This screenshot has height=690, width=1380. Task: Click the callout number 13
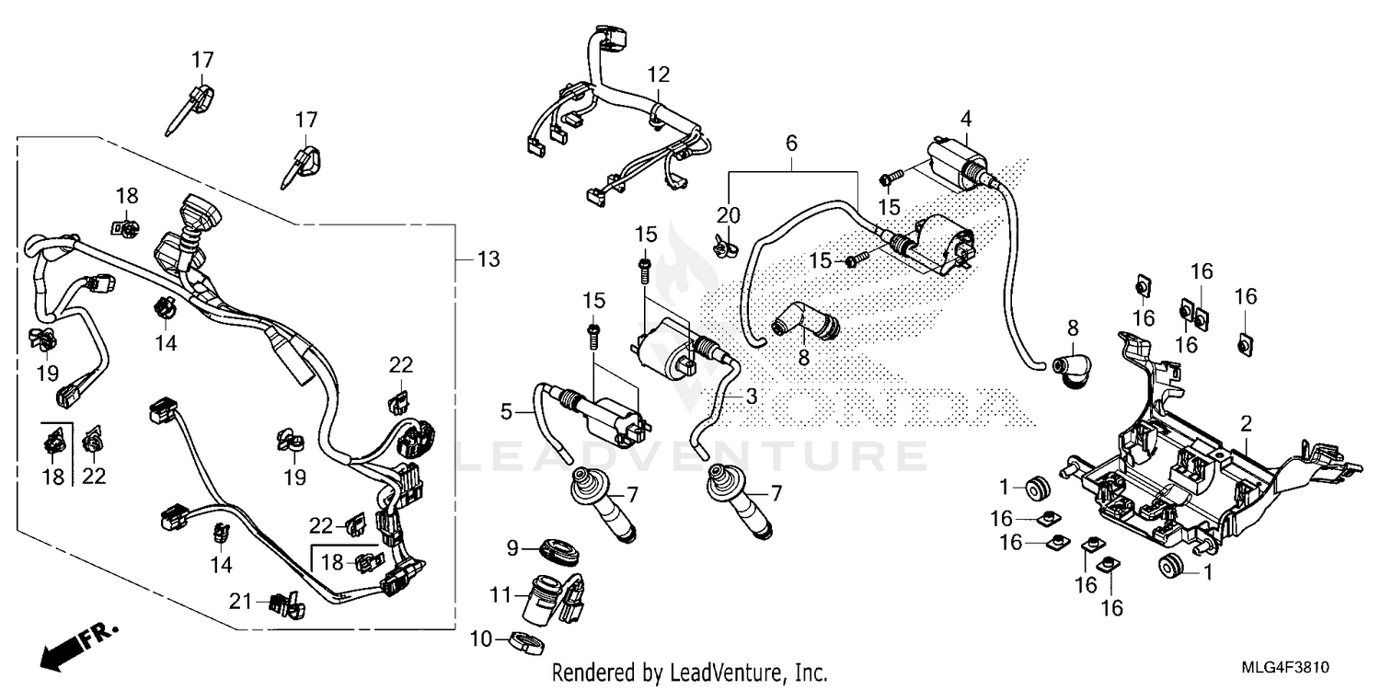point(489,260)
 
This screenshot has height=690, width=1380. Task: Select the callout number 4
point(965,119)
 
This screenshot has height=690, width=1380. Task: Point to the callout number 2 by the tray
point(1246,424)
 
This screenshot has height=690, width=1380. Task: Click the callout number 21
point(241,602)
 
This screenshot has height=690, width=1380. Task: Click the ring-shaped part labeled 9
point(559,553)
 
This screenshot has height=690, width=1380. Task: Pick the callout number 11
point(499,596)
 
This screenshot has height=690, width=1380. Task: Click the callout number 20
point(728,213)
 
